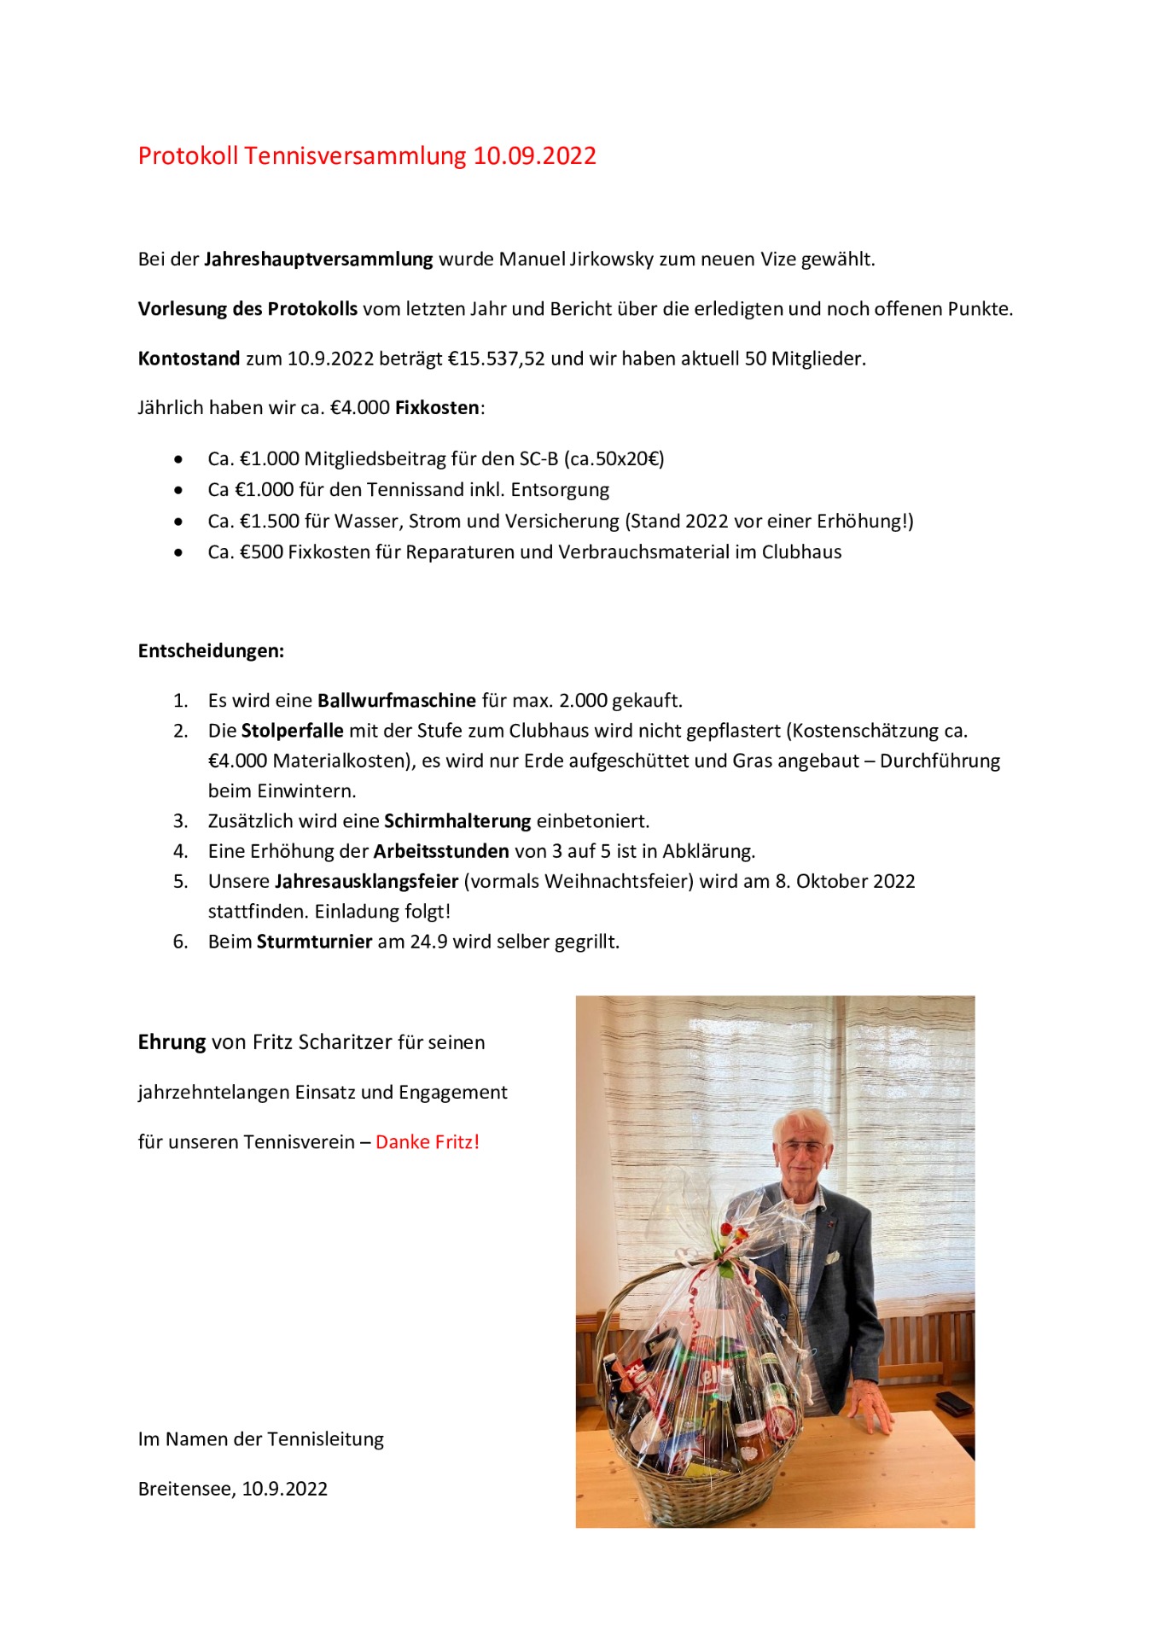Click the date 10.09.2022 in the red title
[534, 156]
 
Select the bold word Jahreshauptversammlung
[318, 260]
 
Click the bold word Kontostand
[189, 359]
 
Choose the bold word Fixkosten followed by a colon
[437, 408]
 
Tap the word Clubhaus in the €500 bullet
[801, 552]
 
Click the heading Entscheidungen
[211, 651]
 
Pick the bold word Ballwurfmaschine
[397, 701]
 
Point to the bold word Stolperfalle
[292, 732]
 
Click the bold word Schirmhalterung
[457, 821]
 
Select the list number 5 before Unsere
[179, 882]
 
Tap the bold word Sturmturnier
[314, 942]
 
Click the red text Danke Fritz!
[428, 1142]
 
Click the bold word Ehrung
[172, 1042]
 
